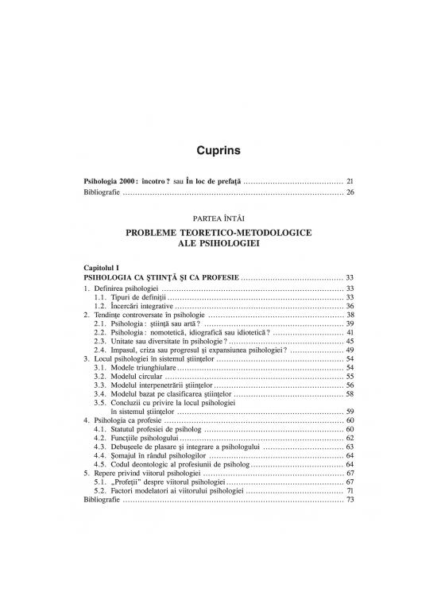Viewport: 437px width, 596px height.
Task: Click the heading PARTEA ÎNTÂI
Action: (218, 216)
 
